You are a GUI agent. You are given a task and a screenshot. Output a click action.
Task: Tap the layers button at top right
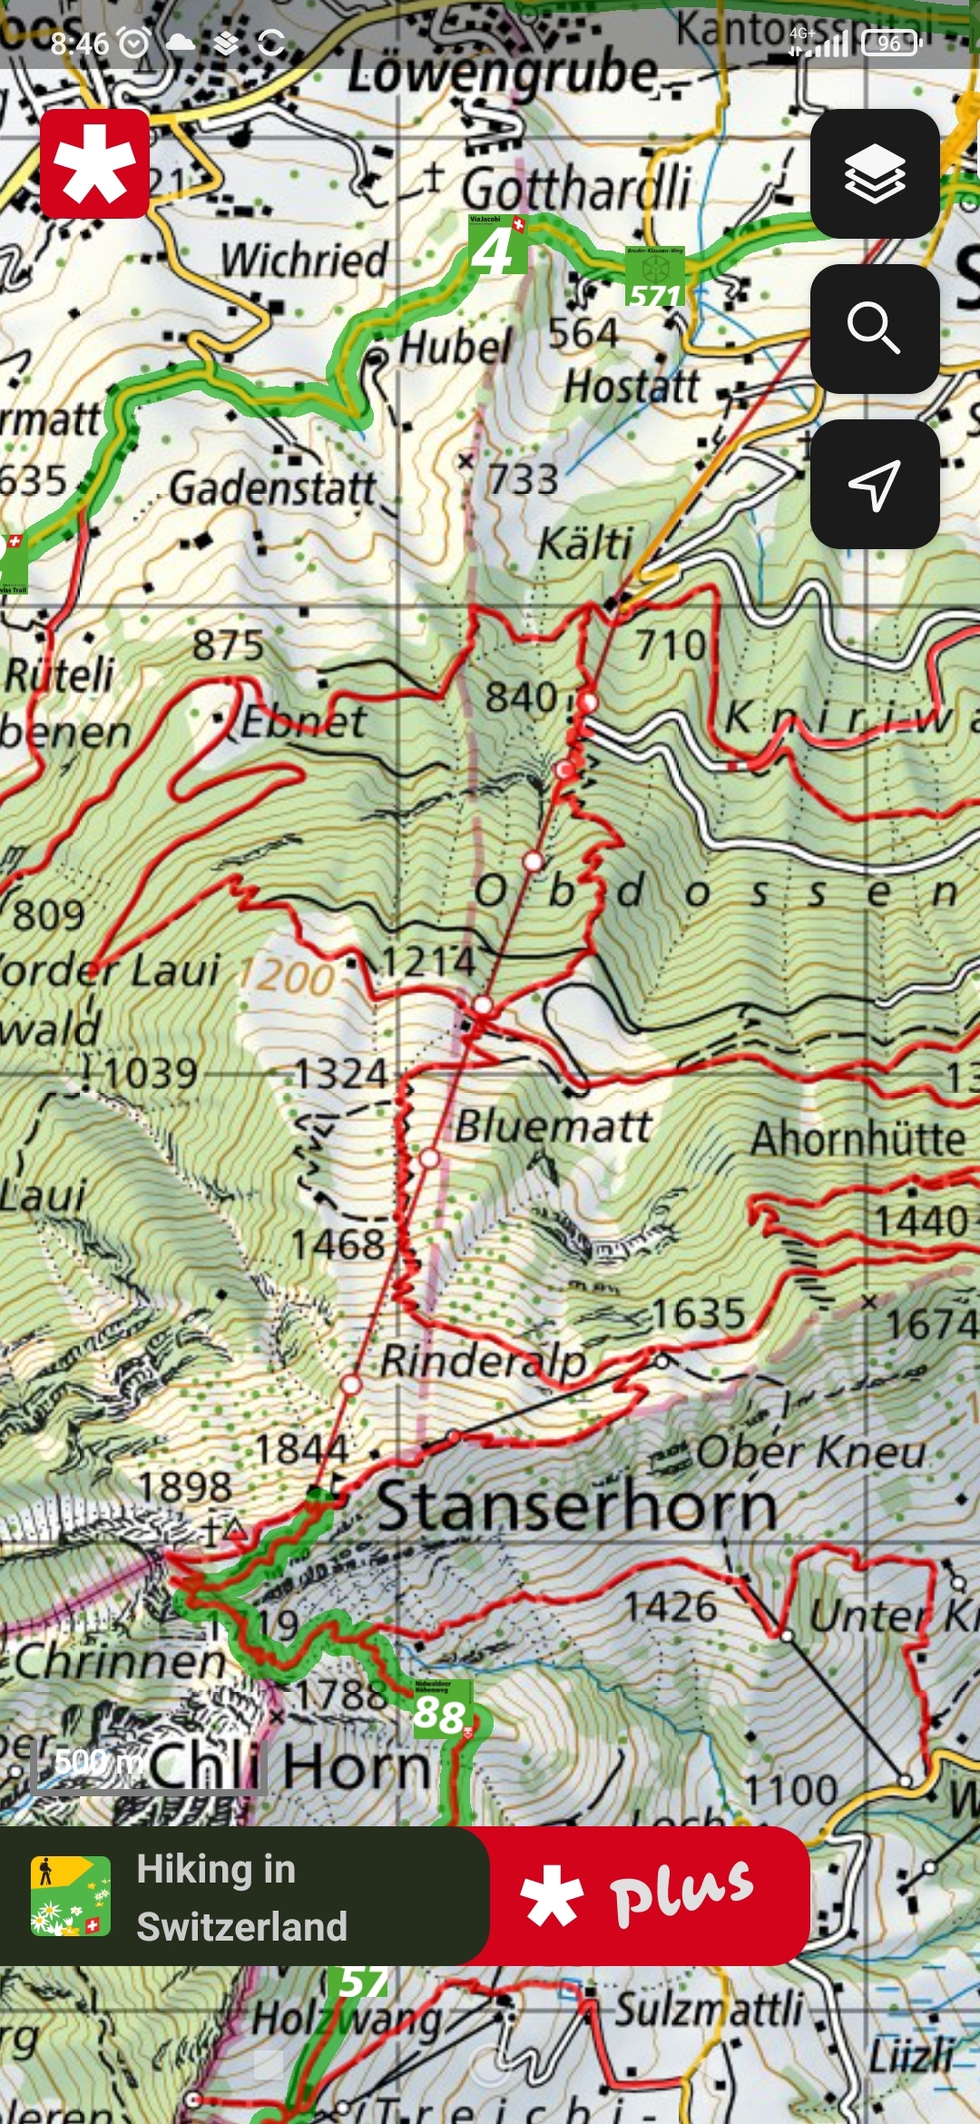click(875, 173)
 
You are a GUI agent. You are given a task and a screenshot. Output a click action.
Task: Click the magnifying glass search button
click(875, 329)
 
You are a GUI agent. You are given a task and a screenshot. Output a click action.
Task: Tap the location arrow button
click(875, 484)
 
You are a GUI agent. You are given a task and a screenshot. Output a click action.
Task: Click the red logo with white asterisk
click(94, 164)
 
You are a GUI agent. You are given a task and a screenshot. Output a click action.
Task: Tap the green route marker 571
click(654, 278)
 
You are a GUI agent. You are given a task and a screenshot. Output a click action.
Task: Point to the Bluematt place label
click(554, 1127)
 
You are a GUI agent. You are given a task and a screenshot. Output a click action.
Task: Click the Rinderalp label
click(483, 1361)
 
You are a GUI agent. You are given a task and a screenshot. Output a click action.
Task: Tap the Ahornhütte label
click(857, 1138)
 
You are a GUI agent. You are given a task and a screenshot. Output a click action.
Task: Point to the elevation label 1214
click(427, 961)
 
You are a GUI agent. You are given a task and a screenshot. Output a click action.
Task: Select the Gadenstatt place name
click(272, 489)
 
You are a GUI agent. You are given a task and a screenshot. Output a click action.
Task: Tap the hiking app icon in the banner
click(70, 1896)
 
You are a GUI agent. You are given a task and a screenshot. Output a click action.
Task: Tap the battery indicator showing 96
click(890, 43)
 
